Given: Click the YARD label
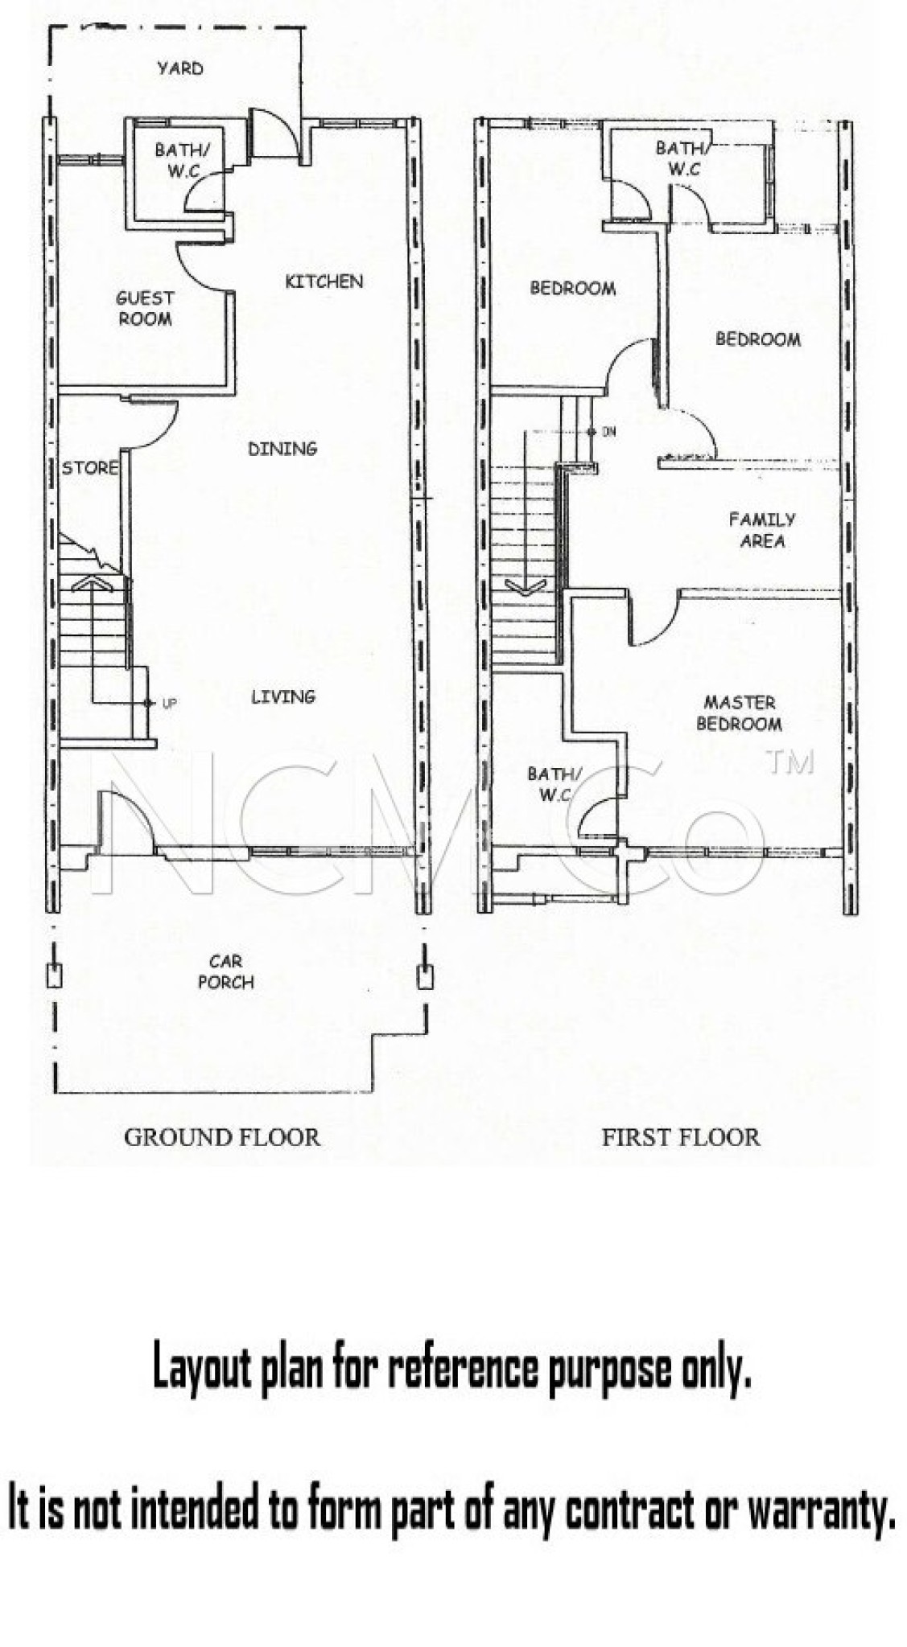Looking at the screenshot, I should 179,68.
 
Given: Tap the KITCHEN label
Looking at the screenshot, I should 324,281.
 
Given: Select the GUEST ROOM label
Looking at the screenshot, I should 145,308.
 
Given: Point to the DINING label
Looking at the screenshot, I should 282,449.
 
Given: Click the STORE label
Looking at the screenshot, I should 89,468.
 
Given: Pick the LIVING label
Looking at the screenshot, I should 282,696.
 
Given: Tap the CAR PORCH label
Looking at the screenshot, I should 226,971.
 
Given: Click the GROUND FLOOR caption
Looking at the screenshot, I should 221,1137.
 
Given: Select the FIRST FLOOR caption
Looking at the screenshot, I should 680,1137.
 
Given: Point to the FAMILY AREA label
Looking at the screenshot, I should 761,530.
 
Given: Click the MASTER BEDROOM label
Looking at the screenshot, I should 739,713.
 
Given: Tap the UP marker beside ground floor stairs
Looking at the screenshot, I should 169,704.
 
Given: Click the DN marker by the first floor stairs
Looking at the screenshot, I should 609,432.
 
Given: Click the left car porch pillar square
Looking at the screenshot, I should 55,975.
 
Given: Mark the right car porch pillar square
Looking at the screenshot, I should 424,975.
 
